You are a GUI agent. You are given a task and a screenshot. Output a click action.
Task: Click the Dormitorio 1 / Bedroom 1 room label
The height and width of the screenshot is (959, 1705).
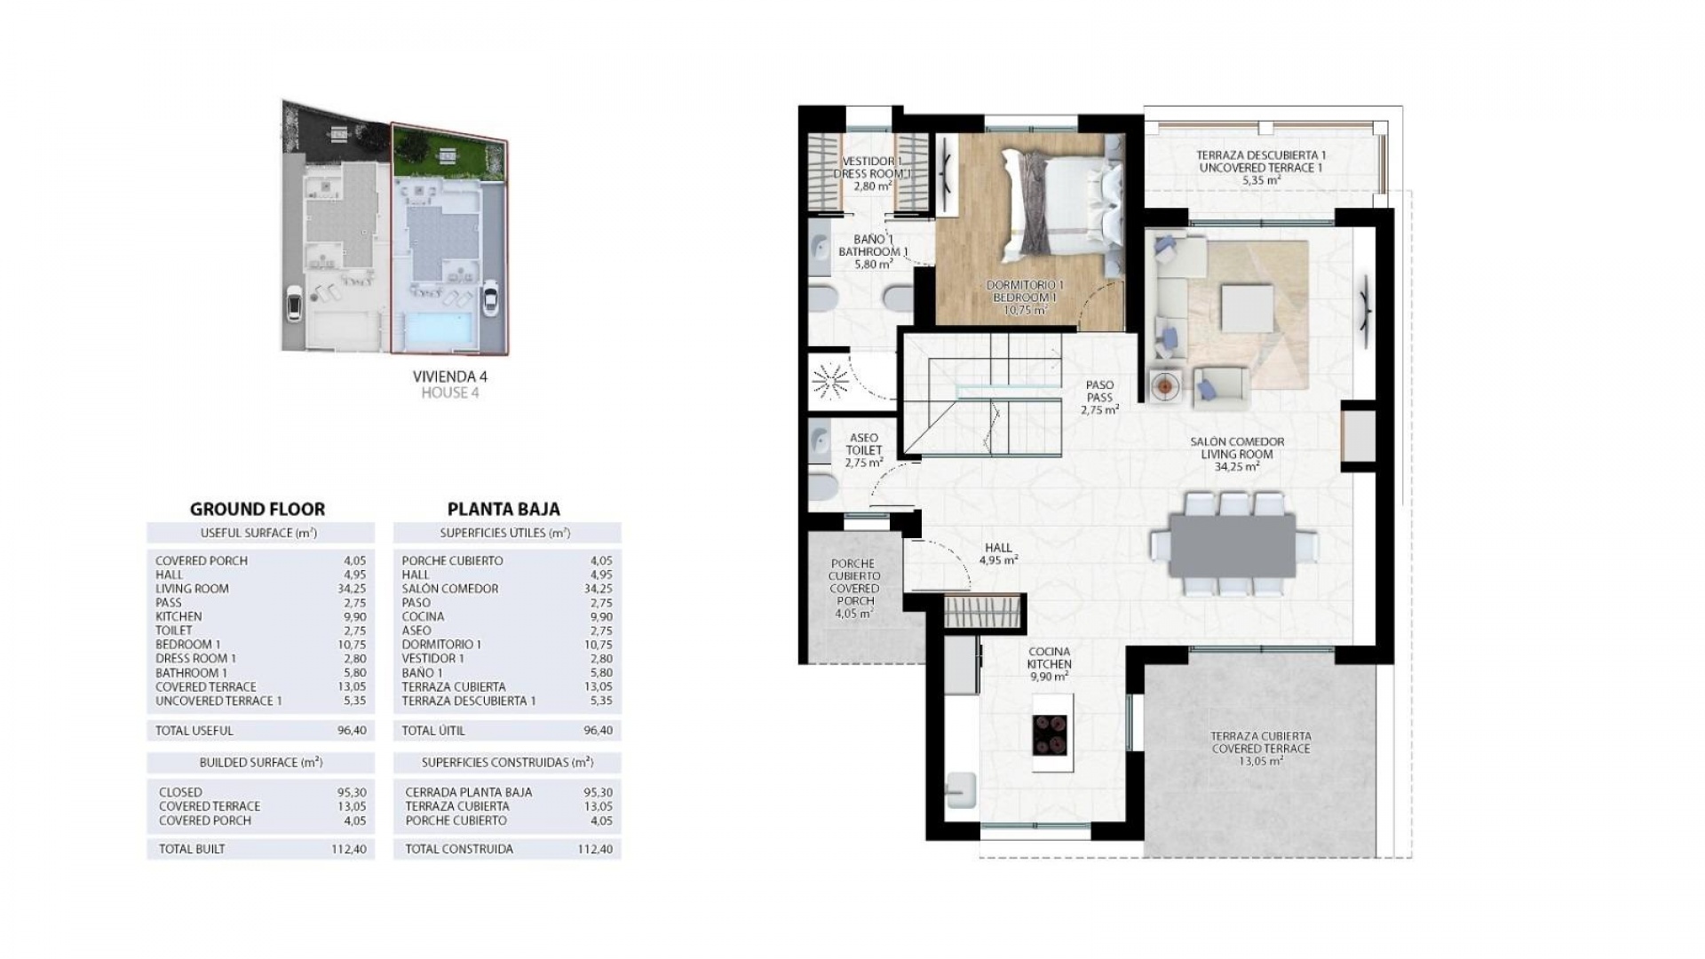(x=1024, y=297)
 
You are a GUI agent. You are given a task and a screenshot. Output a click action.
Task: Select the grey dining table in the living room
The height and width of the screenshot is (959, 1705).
(x=1234, y=543)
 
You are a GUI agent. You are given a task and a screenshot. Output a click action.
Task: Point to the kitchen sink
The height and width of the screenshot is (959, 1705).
(x=961, y=789)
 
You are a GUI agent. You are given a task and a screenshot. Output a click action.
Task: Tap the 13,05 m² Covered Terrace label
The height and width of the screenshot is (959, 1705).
(x=1261, y=749)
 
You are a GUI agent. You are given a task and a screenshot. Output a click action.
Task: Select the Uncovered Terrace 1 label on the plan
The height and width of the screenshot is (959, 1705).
(x=1261, y=167)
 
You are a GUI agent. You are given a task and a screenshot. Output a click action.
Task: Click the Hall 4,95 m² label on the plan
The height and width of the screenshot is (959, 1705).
(x=998, y=554)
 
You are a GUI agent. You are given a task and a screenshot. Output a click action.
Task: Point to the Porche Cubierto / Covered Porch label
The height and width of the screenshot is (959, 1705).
(x=853, y=588)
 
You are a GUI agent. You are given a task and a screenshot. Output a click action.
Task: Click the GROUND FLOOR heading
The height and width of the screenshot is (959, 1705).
(x=258, y=509)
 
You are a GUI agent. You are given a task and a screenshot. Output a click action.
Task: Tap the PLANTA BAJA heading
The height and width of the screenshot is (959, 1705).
(x=504, y=509)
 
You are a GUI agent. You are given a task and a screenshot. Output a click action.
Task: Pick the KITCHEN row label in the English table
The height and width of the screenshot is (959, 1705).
(x=178, y=616)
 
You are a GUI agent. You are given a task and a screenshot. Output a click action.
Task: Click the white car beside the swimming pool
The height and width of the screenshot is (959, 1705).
(x=488, y=300)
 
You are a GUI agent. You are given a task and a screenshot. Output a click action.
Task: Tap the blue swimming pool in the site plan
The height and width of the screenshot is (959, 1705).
(x=440, y=329)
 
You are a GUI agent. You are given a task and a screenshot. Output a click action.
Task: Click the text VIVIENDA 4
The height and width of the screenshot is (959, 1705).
(x=450, y=376)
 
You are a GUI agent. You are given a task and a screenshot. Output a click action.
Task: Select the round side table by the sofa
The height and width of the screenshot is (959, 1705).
(x=1165, y=386)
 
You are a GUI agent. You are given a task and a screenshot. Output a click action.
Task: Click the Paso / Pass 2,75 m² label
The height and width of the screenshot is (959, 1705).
(x=1099, y=398)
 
